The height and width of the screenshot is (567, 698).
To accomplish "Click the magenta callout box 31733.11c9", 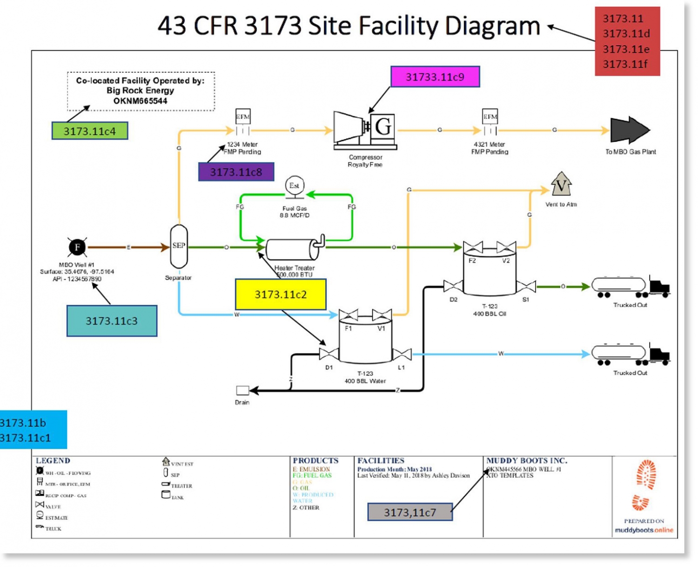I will (x=435, y=77).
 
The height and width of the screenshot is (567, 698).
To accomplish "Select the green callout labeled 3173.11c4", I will (x=89, y=131).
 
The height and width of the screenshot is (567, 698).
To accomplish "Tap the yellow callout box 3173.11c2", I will (x=281, y=294).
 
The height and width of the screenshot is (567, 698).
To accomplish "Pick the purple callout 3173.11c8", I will (x=236, y=172).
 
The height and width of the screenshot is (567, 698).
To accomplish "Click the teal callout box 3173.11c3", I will (x=112, y=321).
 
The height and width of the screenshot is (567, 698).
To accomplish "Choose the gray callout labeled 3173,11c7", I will (x=409, y=512).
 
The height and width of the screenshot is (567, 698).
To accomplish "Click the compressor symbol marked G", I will (x=365, y=129).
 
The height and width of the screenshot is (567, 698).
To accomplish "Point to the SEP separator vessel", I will (x=179, y=247).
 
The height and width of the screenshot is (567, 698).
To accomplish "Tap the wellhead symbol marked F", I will (x=77, y=247).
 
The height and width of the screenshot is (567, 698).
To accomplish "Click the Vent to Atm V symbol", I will (x=561, y=185).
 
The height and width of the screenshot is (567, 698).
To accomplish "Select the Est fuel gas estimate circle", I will (x=294, y=186).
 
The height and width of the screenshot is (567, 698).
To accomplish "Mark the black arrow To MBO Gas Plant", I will (x=629, y=130).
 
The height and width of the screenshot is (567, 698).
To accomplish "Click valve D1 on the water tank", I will (x=329, y=354).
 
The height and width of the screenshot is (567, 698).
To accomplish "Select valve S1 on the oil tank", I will (x=526, y=287).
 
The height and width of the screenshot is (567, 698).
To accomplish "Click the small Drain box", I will (x=242, y=390).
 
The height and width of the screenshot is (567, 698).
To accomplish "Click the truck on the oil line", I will (x=630, y=287).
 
